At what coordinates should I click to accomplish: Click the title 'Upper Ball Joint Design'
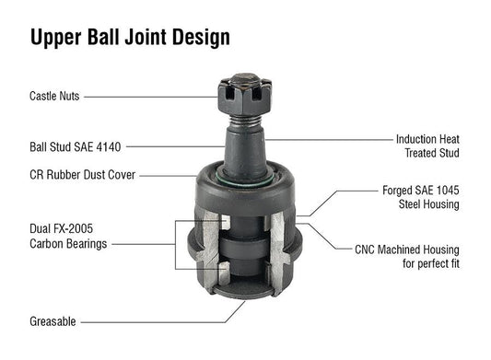(x=130, y=37)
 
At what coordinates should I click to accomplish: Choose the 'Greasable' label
(x=53, y=321)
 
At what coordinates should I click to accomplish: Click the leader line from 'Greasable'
(x=157, y=321)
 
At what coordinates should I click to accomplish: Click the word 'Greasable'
(x=53, y=321)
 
